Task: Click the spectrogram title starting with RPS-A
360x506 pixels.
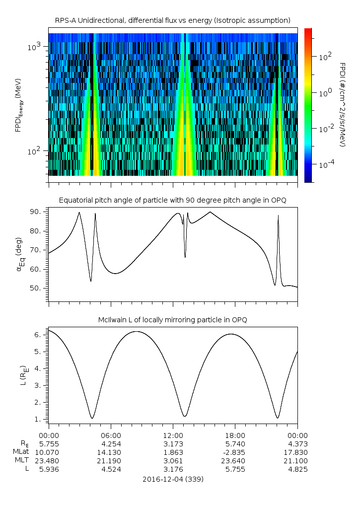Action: point(172,20)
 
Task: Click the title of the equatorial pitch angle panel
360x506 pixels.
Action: point(172,200)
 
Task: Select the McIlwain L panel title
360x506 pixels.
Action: point(172,319)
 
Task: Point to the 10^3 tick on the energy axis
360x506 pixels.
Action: point(38,47)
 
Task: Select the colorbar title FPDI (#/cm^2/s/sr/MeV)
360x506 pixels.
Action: point(343,104)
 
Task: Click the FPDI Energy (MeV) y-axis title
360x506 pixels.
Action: point(18,104)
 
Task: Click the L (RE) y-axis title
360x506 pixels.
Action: point(22,376)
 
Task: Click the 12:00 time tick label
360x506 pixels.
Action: point(172,434)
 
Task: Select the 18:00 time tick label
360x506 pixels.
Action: point(235,434)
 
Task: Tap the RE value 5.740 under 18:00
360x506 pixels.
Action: point(235,443)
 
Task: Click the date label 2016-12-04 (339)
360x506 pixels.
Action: point(172,480)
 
